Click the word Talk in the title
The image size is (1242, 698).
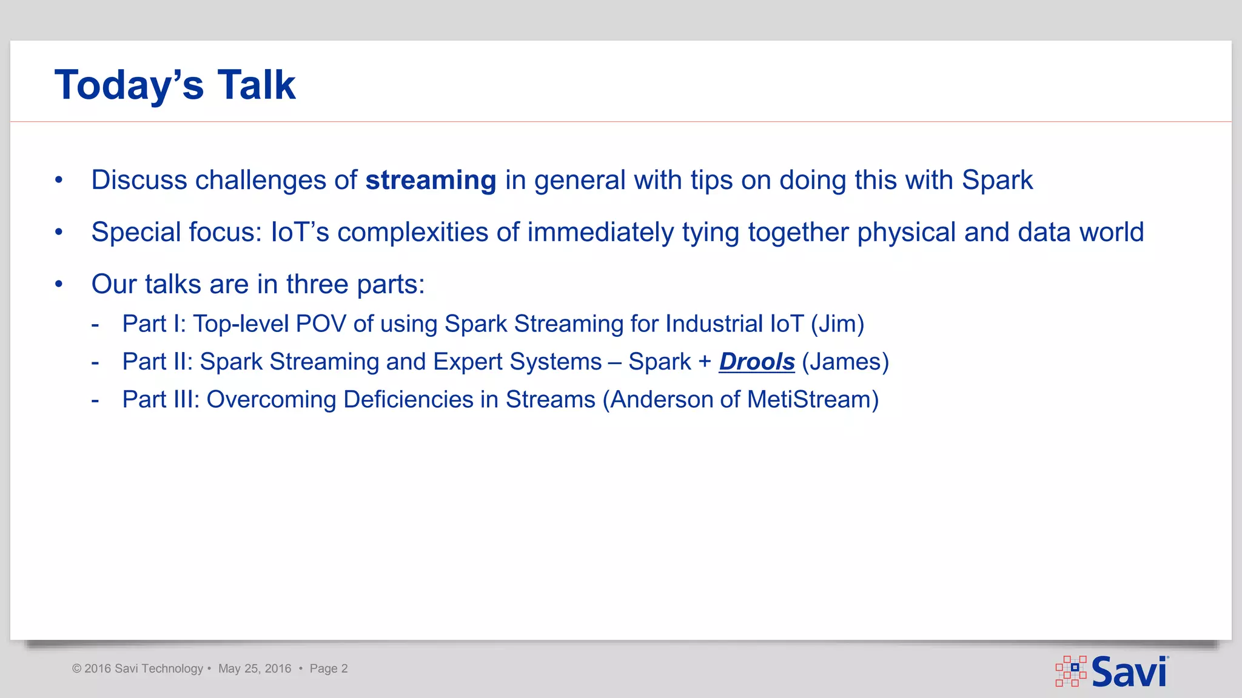coord(257,85)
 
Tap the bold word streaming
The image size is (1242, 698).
coord(431,181)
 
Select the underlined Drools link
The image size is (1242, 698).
coord(756,362)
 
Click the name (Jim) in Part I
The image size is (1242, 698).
coord(837,324)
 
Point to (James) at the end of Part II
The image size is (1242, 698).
coord(845,362)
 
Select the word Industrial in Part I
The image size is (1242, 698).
coord(714,324)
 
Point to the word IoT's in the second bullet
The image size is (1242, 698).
coord(300,233)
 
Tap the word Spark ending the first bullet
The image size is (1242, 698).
coord(997,181)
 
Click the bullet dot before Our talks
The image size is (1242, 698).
coord(59,284)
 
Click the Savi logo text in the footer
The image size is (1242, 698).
coord(1129,672)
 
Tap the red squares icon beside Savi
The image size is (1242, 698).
coord(1071,671)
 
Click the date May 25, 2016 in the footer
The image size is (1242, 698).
coord(255,669)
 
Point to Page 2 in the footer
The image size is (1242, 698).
coord(329,669)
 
